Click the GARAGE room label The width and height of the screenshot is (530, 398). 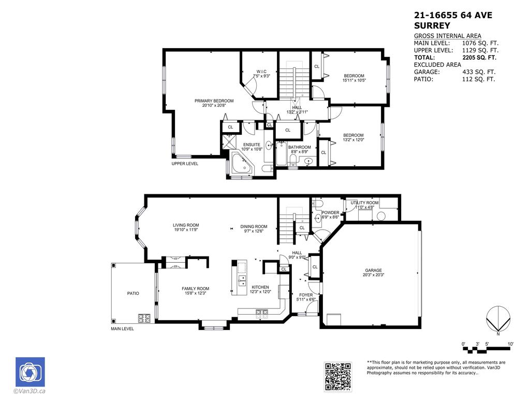tap(373, 270)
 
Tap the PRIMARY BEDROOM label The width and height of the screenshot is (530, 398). tap(214, 101)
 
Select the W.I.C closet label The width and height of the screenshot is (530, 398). tap(261, 72)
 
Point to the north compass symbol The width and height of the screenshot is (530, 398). tap(498, 320)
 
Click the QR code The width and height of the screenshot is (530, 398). tap(338, 376)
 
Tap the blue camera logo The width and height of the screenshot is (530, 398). tap(30, 372)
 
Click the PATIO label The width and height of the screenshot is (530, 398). tap(133, 293)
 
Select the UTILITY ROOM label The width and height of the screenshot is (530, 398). tap(364, 203)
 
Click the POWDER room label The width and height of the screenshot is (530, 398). tap(330, 212)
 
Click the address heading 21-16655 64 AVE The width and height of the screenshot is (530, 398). tap(453, 16)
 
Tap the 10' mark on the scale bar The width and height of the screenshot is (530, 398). tap(510, 344)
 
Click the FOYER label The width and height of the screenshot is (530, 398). tap(305, 295)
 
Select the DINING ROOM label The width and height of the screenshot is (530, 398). tap(254, 226)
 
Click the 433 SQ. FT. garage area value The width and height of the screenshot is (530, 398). tap(479, 72)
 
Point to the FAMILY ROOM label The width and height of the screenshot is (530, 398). tap(195, 289)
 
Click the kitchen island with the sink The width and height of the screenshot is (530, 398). tap(239, 277)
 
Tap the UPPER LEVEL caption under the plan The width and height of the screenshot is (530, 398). tap(185, 164)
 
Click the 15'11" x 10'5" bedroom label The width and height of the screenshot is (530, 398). tap(354, 76)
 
